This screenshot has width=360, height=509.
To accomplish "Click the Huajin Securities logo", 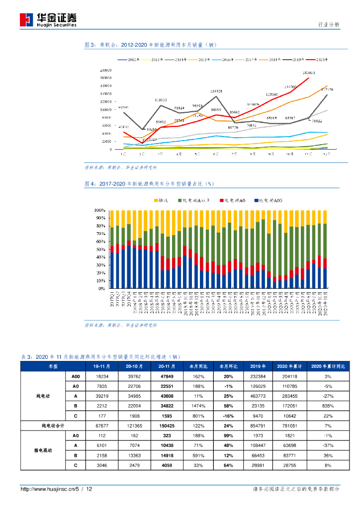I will pos(48,19).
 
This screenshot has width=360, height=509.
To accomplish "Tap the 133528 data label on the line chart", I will pos(216,91).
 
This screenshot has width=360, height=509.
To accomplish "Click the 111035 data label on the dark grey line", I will pos(161,100).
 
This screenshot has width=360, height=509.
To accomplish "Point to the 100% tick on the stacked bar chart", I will pos(99,210).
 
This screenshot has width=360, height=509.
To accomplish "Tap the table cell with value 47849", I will pos(165,377).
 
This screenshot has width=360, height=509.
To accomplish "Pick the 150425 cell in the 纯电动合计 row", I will pos(165,426).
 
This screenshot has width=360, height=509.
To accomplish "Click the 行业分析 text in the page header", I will pos(329,24).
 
